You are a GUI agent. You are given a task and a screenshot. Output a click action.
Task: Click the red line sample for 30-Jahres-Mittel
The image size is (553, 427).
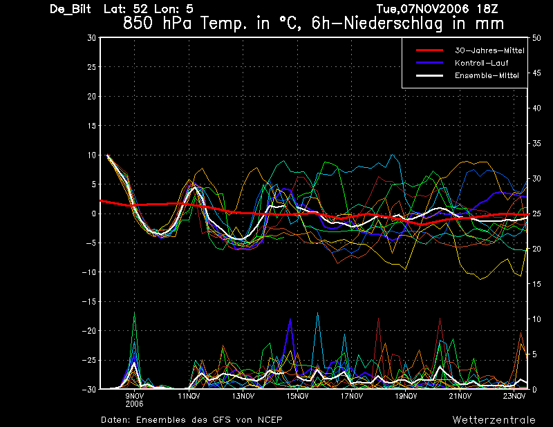[x=429, y=50]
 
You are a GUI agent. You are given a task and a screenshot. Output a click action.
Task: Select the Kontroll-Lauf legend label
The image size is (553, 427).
[x=481, y=63]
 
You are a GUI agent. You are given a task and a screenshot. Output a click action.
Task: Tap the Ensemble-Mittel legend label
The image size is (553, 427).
[x=487, y=75]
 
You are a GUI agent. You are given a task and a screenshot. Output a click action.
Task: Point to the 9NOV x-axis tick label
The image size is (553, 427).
[x=134, y=396]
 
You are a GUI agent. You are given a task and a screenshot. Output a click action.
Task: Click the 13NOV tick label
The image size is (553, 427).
[x=243, y=396]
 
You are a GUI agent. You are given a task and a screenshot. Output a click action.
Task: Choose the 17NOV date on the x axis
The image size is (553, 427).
[x=352, y=396]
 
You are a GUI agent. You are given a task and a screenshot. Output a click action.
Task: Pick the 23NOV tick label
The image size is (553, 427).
[x=514, y=396]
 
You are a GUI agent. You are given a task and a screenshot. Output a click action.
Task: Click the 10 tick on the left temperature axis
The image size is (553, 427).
[x=92, y=155]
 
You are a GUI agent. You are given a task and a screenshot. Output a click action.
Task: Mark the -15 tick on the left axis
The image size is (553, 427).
[x=89, y=301]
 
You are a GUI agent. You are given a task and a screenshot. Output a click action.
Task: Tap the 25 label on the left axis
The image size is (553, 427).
[x=92, y=67]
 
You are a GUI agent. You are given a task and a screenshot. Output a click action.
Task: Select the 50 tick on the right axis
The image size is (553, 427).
[x=536, y=38]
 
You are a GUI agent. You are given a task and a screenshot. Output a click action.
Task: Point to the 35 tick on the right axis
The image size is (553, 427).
[x=536, y=144]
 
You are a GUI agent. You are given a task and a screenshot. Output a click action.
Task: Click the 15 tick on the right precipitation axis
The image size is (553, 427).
[x=536, y=284]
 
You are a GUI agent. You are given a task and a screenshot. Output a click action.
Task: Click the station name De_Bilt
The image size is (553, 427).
[x=71, y=9]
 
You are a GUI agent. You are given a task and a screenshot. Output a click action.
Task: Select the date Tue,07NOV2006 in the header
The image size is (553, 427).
[x=423, y=9]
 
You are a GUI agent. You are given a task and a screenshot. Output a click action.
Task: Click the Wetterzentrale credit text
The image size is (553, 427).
[x=494, y=420]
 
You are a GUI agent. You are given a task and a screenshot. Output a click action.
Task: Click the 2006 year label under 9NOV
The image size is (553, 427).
[x=134, y=404]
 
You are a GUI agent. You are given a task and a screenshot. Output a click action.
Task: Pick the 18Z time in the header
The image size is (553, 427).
[x=487, y=9]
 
